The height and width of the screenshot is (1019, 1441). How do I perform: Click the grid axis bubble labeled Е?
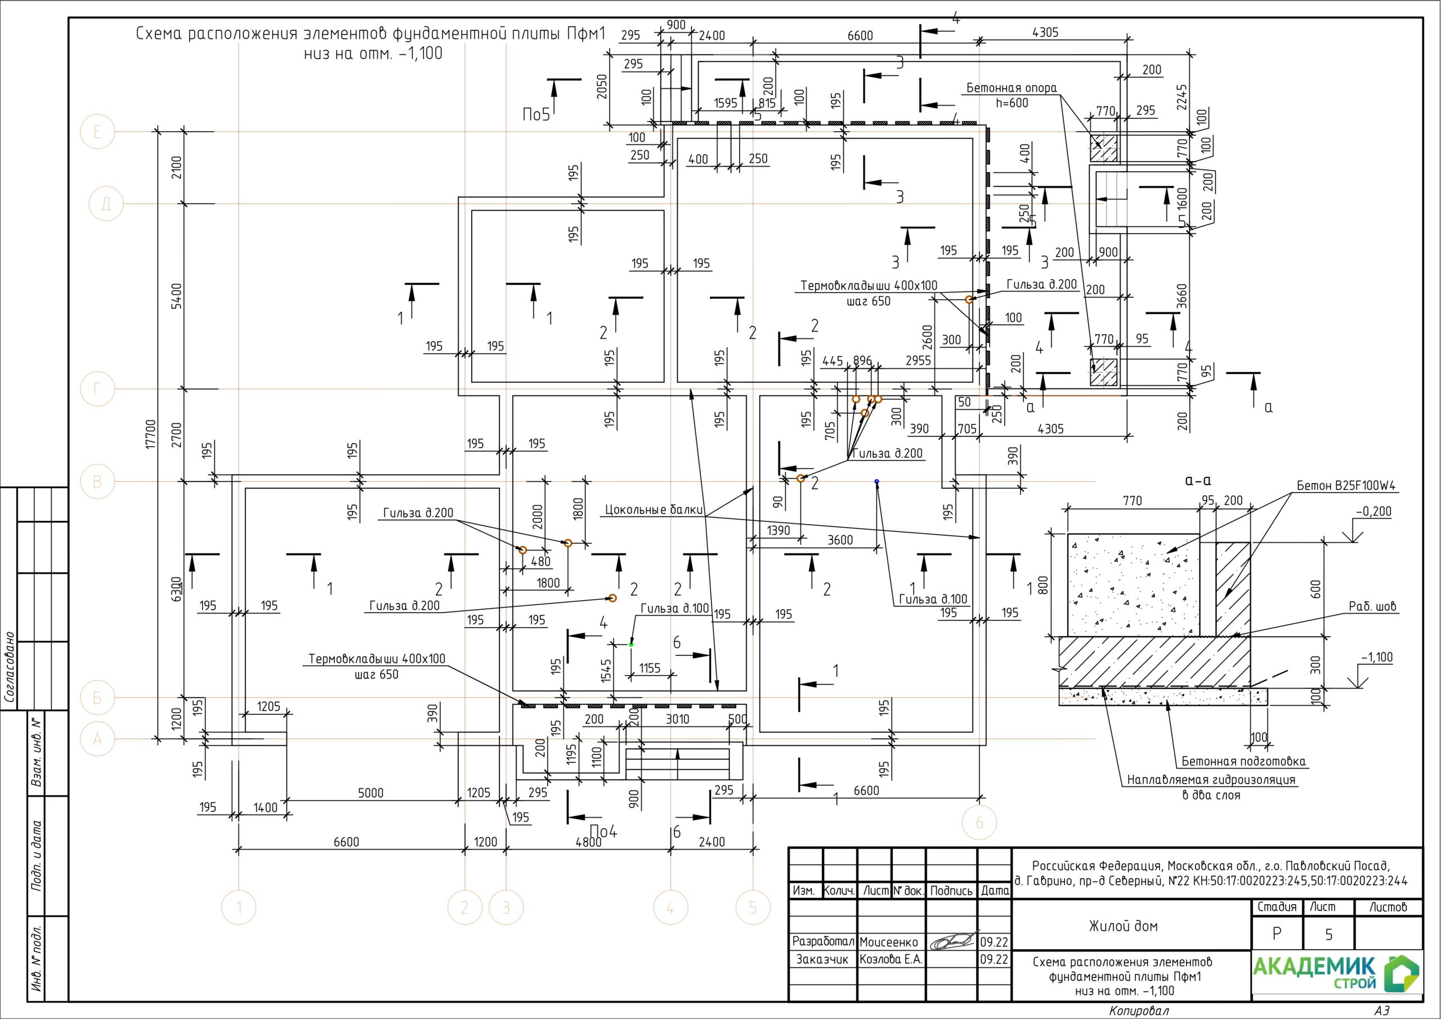pos(97,132)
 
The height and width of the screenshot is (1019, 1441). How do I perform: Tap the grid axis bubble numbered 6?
pos(979,823)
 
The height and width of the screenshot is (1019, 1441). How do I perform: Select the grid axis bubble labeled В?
pos(97,481)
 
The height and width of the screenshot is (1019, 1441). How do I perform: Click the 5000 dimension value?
pos(370,793)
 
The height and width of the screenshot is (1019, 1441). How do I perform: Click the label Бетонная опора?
pos(1011,88)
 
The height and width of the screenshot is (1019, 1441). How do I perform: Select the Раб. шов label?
pos(1372,606)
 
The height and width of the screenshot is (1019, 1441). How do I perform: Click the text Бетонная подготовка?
pos(1243,762)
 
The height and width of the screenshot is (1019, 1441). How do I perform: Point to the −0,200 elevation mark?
pos(1374,512)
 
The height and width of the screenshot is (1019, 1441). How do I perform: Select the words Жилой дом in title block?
pos(1123,926)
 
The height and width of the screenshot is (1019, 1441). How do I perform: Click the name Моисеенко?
pos(889,942)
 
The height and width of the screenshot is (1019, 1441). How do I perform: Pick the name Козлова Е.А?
pos(891,959)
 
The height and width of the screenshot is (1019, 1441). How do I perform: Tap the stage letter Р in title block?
pos(1277,934)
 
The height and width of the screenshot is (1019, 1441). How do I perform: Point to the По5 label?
pos(536,114)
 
